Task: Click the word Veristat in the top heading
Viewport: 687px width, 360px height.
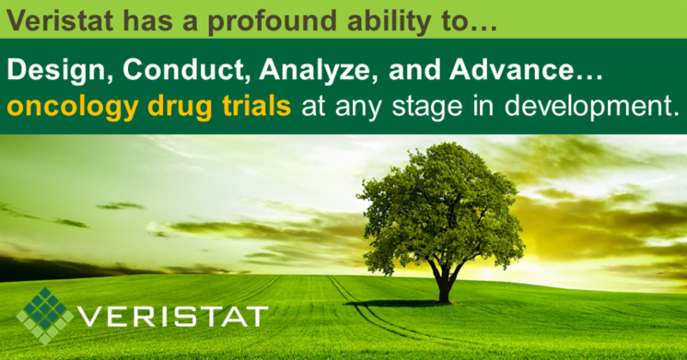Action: pos(60,20)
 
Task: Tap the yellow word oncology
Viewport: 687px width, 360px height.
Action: pos(72,107)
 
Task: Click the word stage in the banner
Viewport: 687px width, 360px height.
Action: pos(427,107)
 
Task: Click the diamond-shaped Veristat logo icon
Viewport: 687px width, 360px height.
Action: pos(45,315)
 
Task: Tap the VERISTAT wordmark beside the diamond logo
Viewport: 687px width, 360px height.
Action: pos(173,316)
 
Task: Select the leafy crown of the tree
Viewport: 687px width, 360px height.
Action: pos(441,206)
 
